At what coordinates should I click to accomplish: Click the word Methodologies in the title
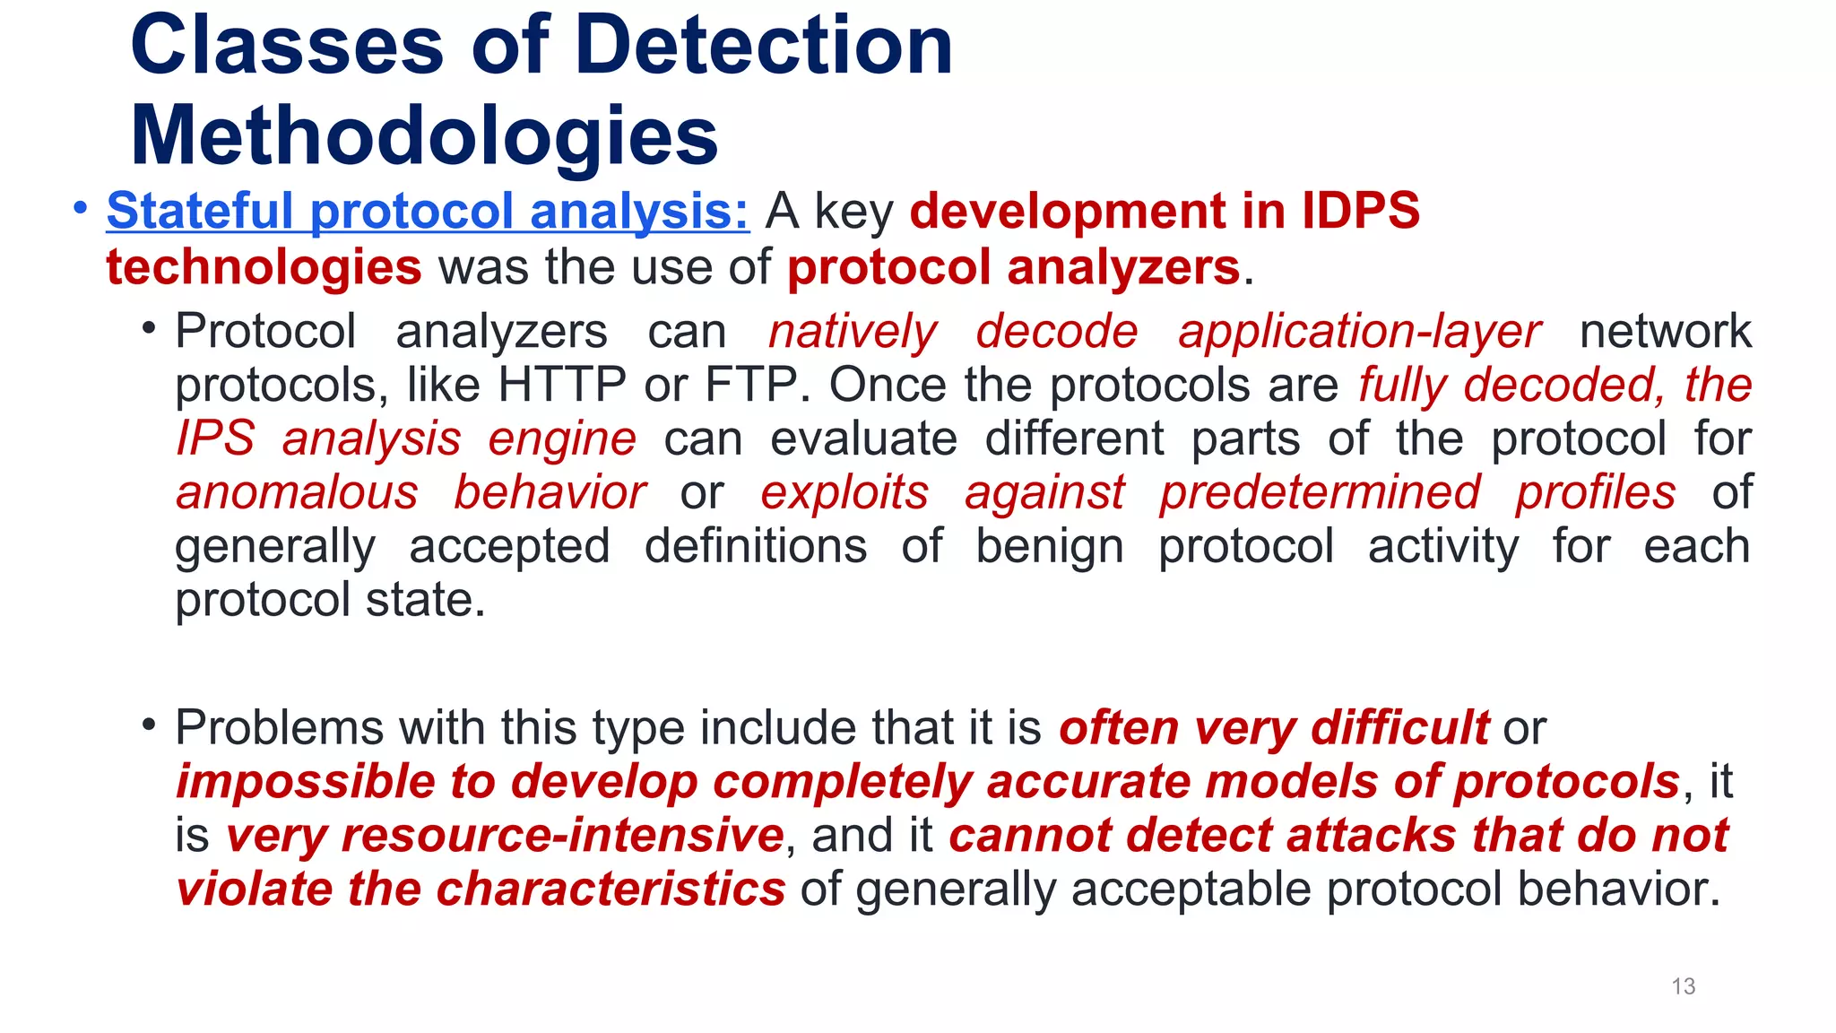424,136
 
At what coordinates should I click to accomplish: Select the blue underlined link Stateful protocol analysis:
428,212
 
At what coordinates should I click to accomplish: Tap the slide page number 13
1683,986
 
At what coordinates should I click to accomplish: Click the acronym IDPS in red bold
1360,212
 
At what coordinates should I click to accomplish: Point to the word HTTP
561,386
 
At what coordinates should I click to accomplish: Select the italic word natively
852,332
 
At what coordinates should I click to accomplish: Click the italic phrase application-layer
1359,332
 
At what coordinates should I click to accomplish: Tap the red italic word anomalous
297,493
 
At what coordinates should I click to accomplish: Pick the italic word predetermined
1320,493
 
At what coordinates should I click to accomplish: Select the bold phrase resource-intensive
563,836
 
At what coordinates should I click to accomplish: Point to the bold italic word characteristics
611,890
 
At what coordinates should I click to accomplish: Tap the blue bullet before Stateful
81,208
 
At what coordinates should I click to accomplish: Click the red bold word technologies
264,267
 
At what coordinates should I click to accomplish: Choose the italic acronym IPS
215,439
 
